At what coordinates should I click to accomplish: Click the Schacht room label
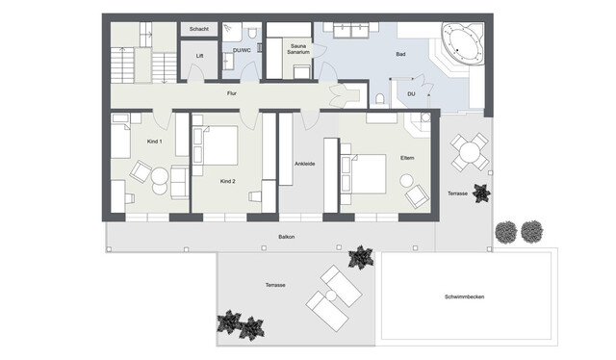click(x=199, y=29)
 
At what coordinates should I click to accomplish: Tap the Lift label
click(x=199, y=56)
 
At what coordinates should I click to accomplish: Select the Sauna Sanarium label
click(x=298, y=49)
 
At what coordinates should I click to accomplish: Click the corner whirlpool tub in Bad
click(x=462, y=43)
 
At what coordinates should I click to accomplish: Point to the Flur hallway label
click(x=232, y=93)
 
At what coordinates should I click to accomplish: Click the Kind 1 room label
click(x=154, y=141)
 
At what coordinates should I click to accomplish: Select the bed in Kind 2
click(x=216, y=145)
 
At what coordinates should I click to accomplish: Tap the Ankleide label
click(x=305, y=164)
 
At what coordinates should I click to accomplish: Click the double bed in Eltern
click(x=364, y=174)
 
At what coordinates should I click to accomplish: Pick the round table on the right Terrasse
click(x=470, y=152)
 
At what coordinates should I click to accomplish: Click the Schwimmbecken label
click(x=464, y=296)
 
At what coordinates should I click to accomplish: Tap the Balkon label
click(x=287, y=237)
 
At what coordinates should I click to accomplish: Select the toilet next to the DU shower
click(x=379, y=98)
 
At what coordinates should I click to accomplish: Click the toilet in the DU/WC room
click(x=252, y=32)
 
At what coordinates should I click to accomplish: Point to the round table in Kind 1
click(x=160, y=176)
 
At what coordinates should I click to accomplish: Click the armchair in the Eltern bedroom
click(x=417, y=196)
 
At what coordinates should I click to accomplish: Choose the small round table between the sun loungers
click(x=331, y=295)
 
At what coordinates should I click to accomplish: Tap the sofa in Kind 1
click(x=180, y=182)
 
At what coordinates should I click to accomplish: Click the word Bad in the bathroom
click(x=400, y=54)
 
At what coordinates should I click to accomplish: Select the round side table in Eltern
click(x=406, y=181)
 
